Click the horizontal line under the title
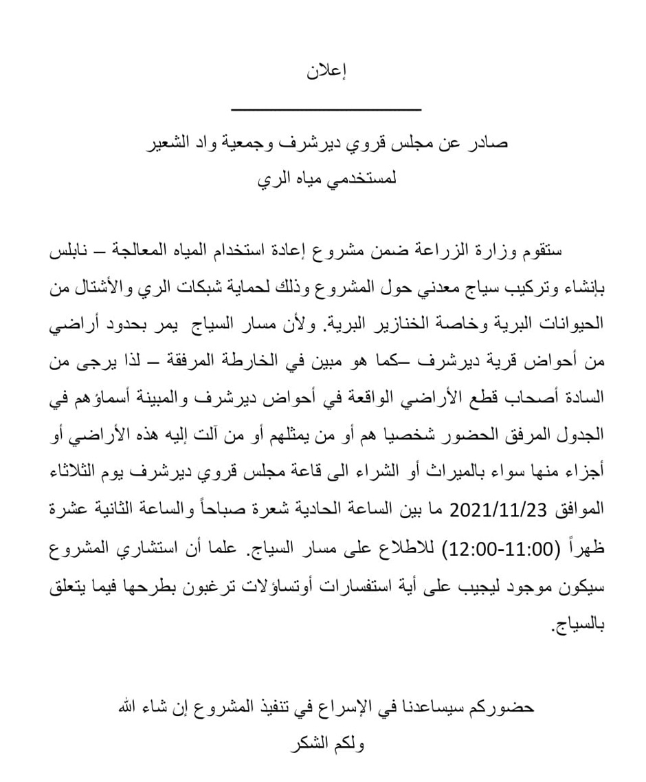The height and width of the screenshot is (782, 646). [x=326, y=109]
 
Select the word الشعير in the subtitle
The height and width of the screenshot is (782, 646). [x=168, y=146]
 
